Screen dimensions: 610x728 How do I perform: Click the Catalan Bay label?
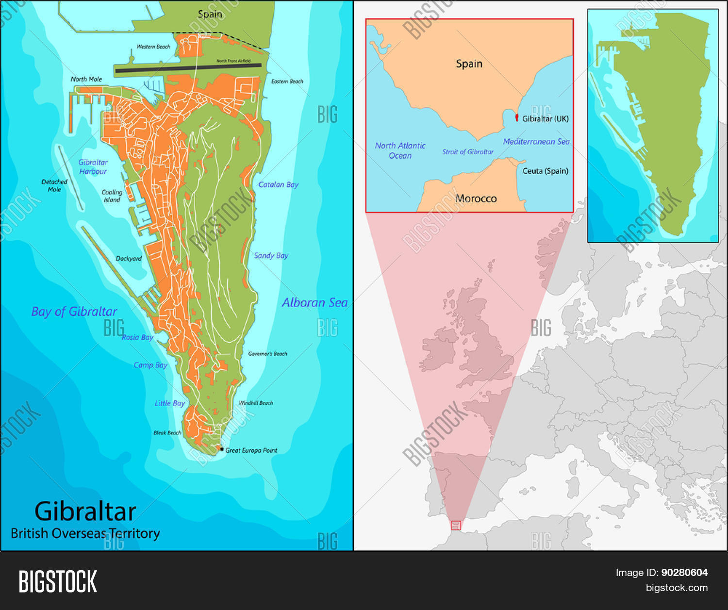tap(278, 185)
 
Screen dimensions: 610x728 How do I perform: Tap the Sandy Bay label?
tap(271, 256)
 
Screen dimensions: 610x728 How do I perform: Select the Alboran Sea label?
tap(314, 303)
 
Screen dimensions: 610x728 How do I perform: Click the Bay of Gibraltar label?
tap(74, 312)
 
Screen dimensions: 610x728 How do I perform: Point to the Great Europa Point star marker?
tap(222, 450)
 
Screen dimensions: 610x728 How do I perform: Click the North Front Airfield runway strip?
tap(188, 68)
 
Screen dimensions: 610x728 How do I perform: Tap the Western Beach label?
tap(153, 47)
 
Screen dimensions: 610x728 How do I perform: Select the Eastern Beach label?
tap(287, 82)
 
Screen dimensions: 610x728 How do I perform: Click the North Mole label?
tap(86, 79)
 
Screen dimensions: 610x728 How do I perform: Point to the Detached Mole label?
tap(54, 186)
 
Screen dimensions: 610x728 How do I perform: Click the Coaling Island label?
tap(112, 196)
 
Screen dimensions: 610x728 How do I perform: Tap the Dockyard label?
tap(129, 259)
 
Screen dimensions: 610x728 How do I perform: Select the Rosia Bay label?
tap(137, 337)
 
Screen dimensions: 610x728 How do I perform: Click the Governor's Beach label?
tap(267, 354)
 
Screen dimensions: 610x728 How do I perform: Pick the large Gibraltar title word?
tap(85, 511)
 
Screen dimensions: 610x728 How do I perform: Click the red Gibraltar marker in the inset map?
tap(517, 117)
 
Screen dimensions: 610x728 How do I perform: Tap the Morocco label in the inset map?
tap(476, 198)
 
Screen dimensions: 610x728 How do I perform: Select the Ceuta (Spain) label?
tap(545, 171)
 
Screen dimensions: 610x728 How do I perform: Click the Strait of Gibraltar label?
tap(468, 152)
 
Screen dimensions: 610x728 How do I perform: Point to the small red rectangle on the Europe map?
tap(455, 525)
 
